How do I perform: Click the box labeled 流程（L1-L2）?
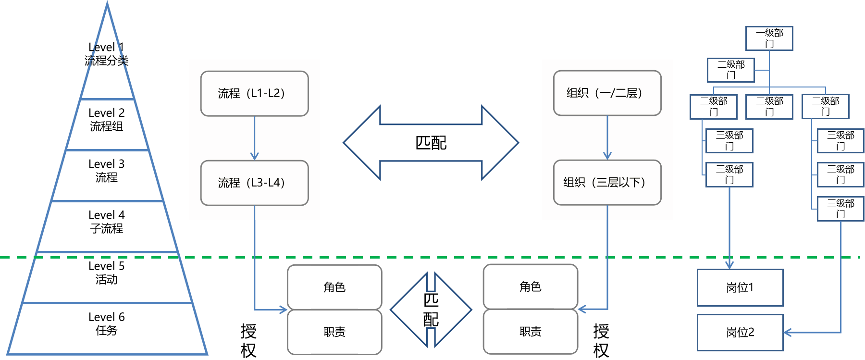click(254, 94)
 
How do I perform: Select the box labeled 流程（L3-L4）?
click(254, 183)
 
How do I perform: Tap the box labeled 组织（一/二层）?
click(607, 93)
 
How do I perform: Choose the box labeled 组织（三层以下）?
click(607, 183)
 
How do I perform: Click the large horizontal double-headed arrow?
click(431, 143)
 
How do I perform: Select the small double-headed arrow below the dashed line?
click(431, 310)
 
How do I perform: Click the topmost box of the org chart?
click(769, 38)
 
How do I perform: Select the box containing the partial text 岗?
click(740, 287)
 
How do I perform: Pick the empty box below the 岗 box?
click(740, 333)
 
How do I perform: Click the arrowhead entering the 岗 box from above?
click(729, 265)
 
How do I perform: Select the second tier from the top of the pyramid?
click(107, 125)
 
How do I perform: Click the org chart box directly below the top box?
click(730, 70)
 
